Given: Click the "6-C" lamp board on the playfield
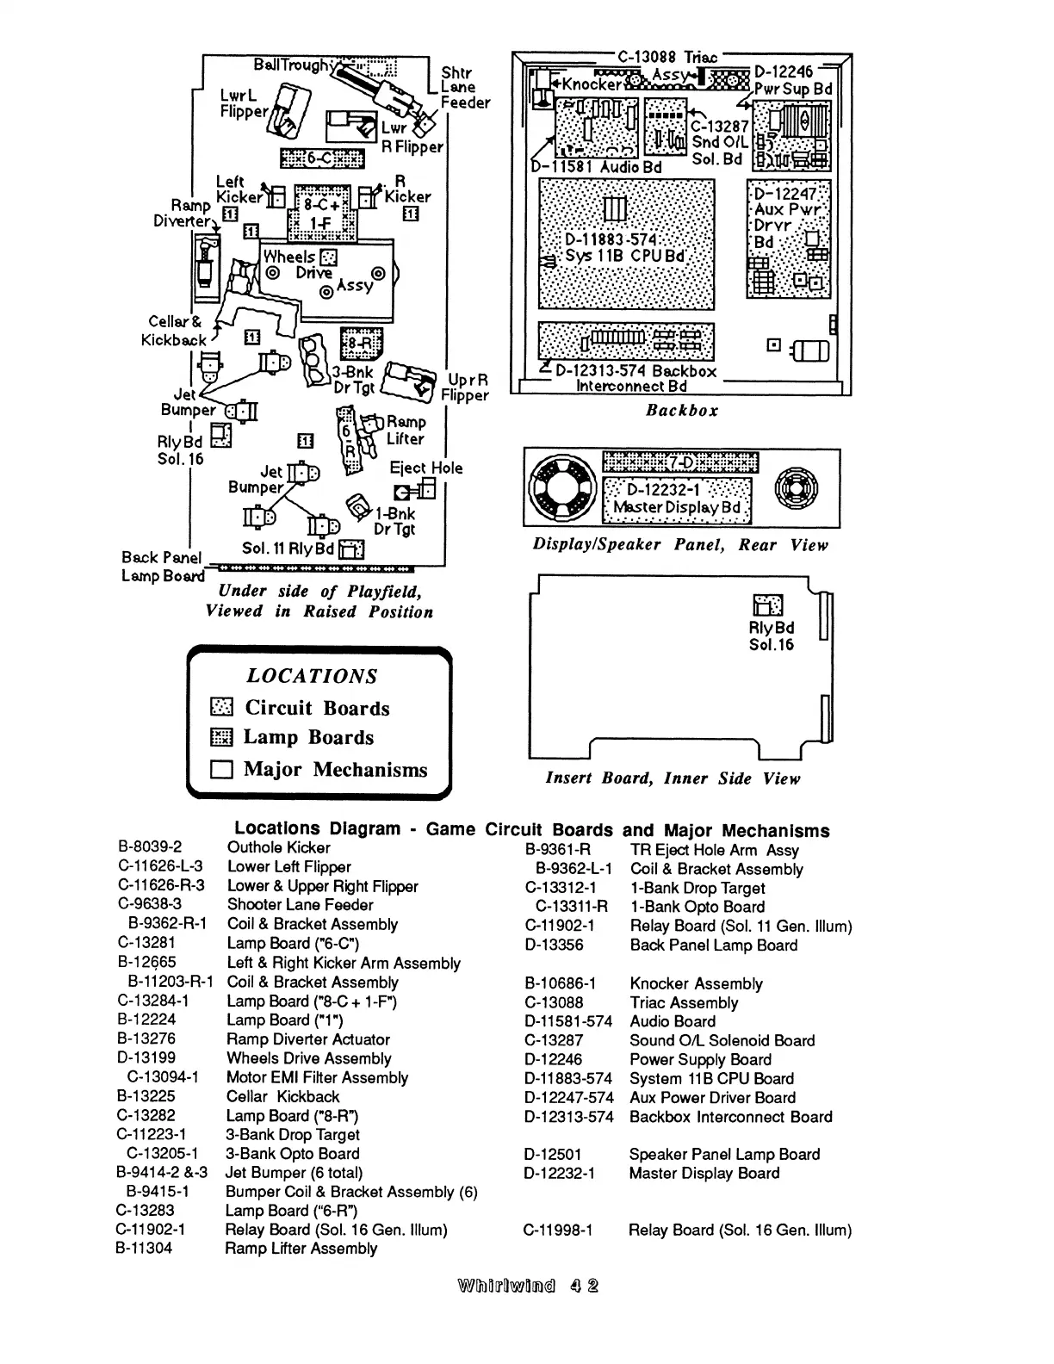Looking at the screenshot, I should coord(322,158).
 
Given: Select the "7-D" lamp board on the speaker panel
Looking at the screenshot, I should coord(679,462).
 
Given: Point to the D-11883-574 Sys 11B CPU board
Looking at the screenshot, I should coord(626,245).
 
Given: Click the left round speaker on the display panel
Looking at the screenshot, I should coord(561,487).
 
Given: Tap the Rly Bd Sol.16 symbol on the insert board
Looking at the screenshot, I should coord(768,605).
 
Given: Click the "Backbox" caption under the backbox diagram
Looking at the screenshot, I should coord(682,411).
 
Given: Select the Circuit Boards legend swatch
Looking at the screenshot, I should coord(221,708).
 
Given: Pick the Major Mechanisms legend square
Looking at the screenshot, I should coord(221,770).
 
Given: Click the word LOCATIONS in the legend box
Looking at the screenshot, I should coord(312,676).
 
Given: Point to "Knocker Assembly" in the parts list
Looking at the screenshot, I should coord(696,983).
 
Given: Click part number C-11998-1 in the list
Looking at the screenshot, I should coord(558,1230).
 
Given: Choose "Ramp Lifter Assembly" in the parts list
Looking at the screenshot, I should coord(301,1249).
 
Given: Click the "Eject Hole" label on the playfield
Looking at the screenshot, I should coord(426,468).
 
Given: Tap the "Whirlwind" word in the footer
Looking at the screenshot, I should coord(509,1286).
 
